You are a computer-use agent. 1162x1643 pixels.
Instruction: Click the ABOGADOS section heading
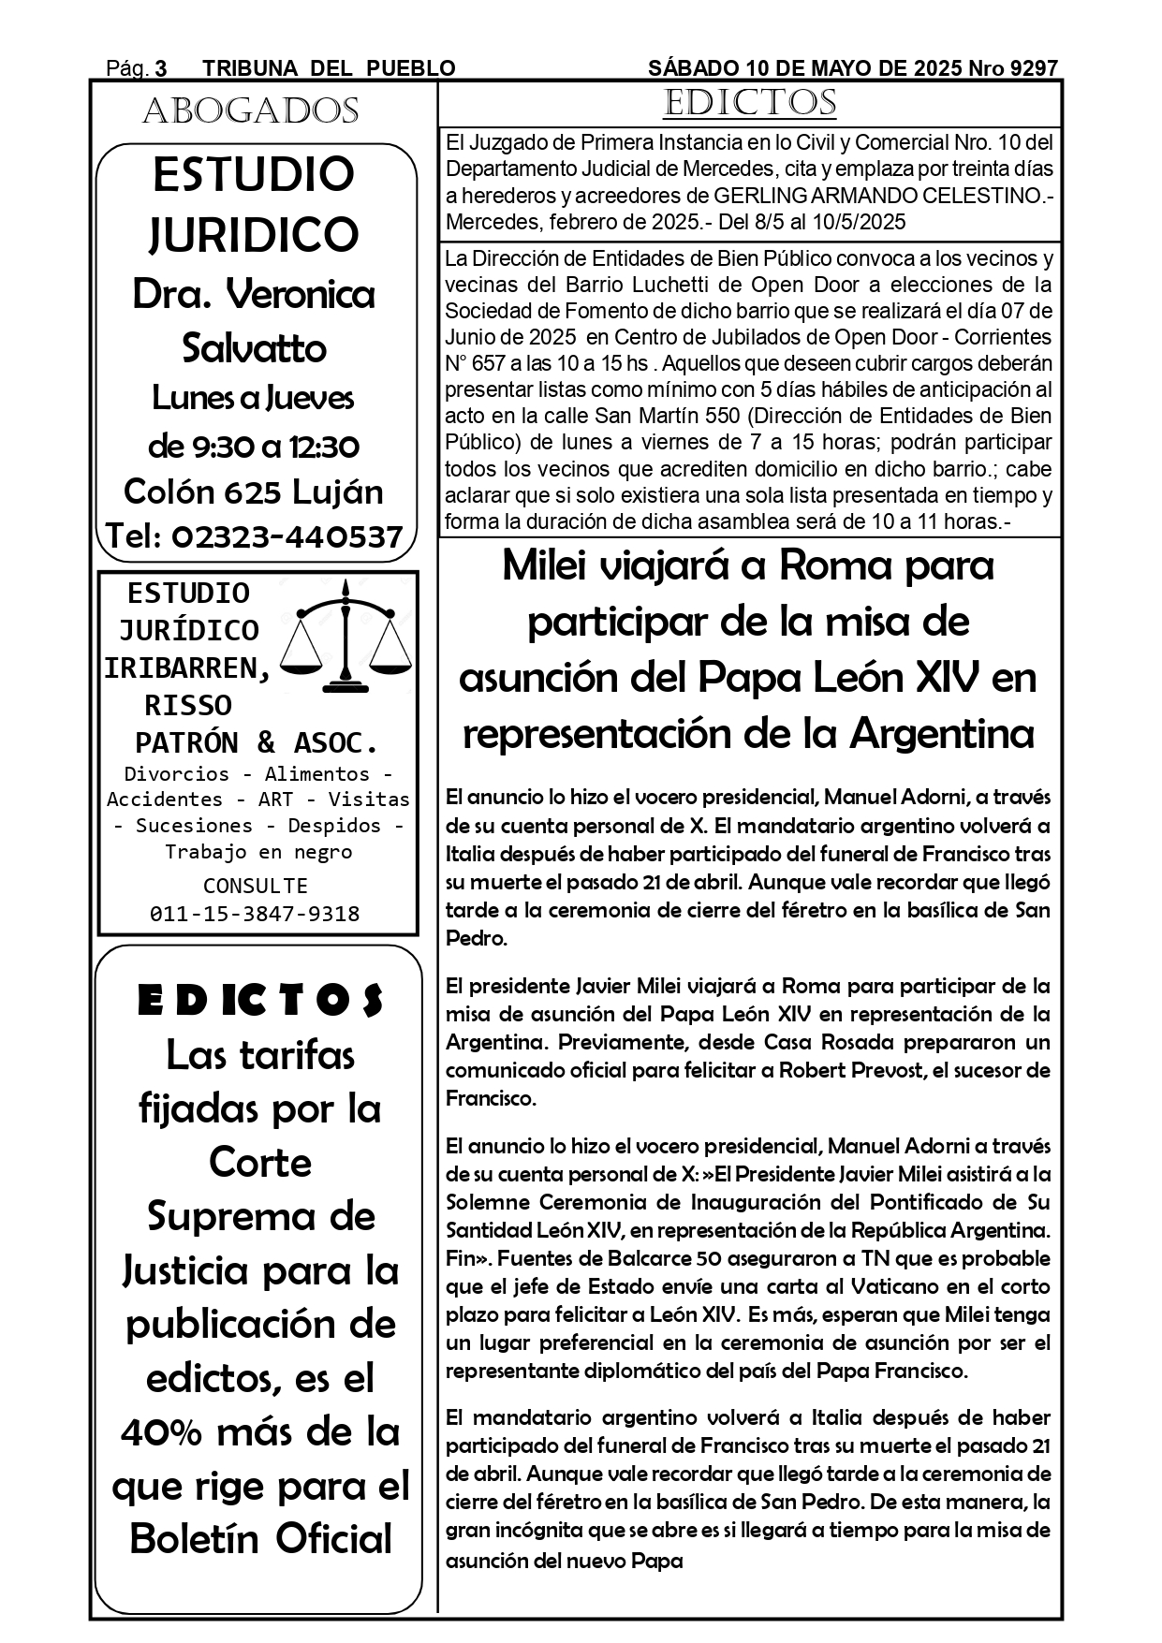[x=250, y=111]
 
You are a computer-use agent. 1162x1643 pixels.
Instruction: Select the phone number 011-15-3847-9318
[x=255, y=914]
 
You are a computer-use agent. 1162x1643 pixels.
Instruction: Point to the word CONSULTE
[x=255, y=886]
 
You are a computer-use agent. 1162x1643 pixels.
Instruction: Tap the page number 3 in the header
[x=161, y=68]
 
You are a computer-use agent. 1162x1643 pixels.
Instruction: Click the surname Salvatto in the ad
[x=254, y=348]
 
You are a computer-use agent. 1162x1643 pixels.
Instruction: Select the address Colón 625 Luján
[x=254, y=491]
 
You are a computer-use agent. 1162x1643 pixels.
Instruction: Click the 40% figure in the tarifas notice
[x=162, y=1431]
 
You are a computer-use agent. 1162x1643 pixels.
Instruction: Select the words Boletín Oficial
[x=261, y=1539]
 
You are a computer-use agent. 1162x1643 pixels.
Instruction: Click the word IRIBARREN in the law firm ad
[x=187, y=667]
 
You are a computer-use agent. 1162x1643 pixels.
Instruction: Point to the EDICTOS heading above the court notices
[x=749, y=103]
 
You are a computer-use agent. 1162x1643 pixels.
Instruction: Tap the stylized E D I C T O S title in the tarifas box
[x=260, y=1001]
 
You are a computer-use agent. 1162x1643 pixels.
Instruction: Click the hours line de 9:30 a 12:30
[x=254, y=446]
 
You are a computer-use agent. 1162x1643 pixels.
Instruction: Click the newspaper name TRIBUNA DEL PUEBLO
[x=329, y=68]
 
